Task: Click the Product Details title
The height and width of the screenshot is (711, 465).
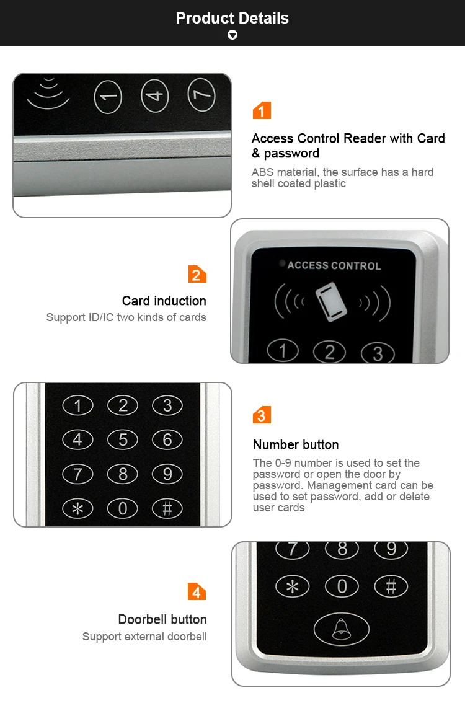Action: (232, 18)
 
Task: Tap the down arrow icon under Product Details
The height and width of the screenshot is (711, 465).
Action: (232, 35)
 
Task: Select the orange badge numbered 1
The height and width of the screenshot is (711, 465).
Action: (262, 110)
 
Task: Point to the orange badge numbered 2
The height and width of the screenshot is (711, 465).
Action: (197, 275)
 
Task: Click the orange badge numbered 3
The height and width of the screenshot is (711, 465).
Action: (262, 415)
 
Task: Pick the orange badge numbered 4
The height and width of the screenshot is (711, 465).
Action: (197, 592)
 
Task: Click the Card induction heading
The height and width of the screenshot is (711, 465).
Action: (164, 301)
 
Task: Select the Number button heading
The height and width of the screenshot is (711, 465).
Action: (296, 444)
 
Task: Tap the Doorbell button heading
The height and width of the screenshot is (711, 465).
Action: (162, 619)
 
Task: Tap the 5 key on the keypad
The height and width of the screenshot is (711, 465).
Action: (123, 439)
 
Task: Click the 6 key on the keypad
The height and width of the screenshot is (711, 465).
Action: (167, 439)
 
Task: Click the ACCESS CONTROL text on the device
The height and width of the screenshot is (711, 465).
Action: (334, 266)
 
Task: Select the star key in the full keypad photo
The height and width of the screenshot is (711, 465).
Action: (77, 508)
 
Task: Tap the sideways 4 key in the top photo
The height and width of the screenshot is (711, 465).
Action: (155, 95)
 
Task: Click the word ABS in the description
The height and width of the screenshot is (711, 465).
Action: (263, 172)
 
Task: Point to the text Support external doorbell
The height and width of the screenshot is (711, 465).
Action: (144, 637)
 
